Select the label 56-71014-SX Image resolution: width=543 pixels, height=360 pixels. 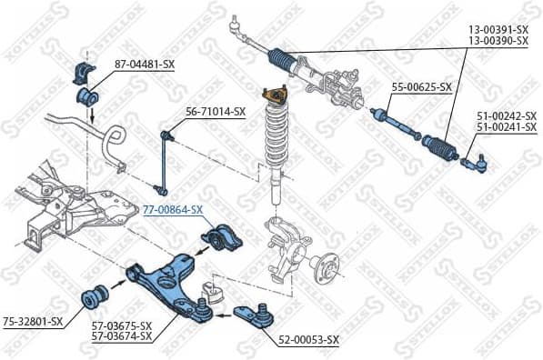coord(216,112)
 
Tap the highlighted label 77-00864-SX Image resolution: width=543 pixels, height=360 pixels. coord(172,209)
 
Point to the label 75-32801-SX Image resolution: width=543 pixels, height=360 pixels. coord(32,321)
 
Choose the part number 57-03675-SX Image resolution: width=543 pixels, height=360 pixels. coord(121,325)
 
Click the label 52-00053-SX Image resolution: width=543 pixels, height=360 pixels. coord(308,339)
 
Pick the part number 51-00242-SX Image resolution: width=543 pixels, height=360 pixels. coord(507,116)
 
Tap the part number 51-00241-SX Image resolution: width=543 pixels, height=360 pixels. coord(507,128)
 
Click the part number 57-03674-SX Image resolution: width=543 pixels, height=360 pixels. coord(121,336)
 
